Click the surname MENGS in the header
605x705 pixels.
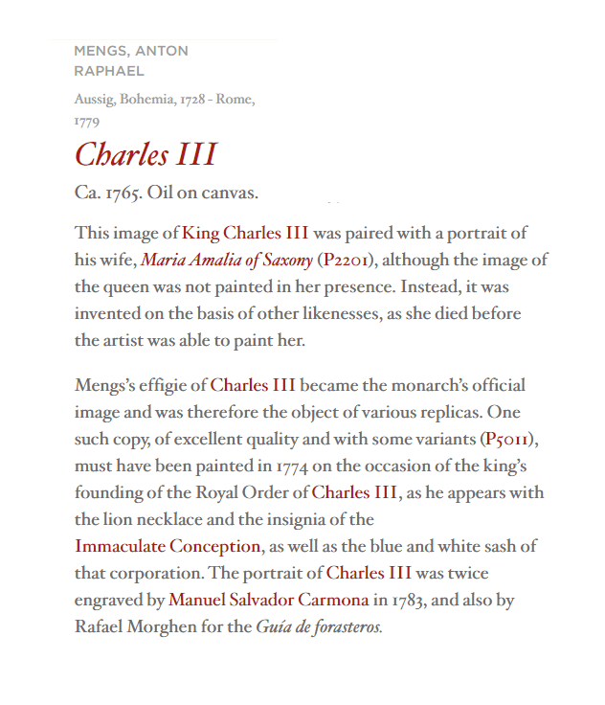coord(101,51)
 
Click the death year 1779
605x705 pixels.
coord(87,122)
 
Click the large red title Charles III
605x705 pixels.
coord(146,154)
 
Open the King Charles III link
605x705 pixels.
coord(245,233)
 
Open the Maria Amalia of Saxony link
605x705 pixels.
coord(227,260)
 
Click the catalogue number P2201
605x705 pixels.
coord(347,260)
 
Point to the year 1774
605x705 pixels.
coord(295,466)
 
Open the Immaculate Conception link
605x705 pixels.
coord(168,547)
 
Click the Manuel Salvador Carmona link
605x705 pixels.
coord(268,601)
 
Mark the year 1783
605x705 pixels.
coord(410,601)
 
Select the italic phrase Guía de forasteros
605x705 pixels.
coord(319,627)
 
